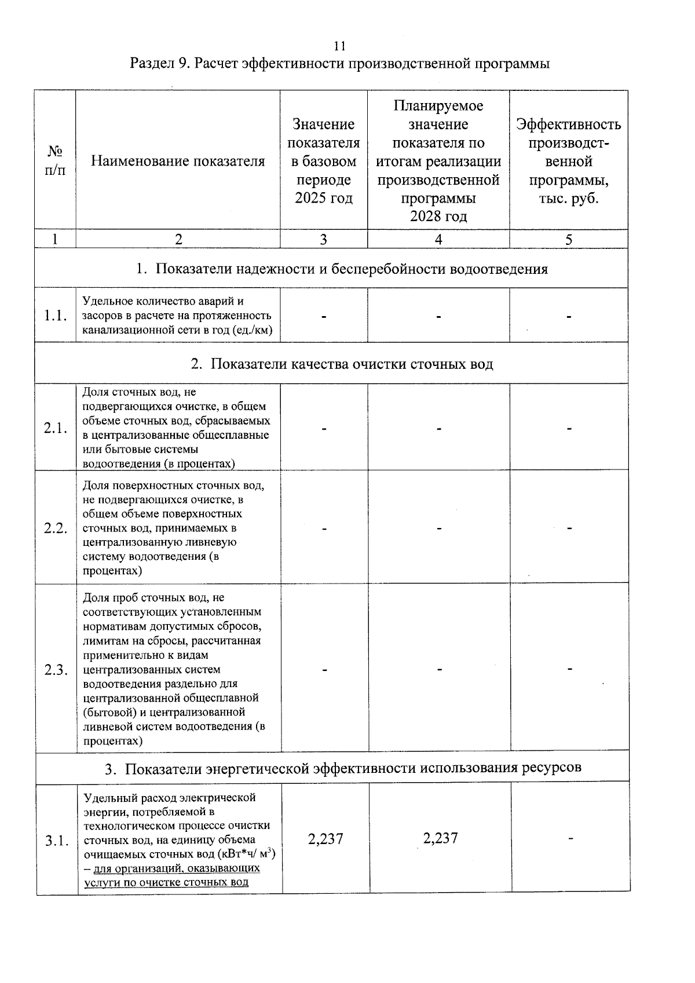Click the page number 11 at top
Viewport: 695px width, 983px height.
[340, 46]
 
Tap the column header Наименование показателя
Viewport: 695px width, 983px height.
[178, 161]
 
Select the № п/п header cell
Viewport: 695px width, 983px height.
[55, 160]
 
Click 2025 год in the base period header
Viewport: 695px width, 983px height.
[323, 198]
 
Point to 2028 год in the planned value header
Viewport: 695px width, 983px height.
[438, 217]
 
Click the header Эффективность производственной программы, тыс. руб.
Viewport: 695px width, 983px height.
[568, 161]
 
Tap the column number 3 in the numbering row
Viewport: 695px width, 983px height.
[323, 240]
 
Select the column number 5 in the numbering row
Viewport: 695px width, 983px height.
[568, 240]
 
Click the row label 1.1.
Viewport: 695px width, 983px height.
[55, 316]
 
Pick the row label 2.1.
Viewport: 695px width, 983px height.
[56, 428]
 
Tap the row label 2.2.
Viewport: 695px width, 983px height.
[56, 528]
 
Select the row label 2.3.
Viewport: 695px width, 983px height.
[56, 670]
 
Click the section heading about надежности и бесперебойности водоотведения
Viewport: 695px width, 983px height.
[342, 269]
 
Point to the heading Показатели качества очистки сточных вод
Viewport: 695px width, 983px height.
[342, 364]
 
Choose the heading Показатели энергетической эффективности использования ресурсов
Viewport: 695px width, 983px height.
[343, 768]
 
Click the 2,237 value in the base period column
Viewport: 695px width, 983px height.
[325, 839]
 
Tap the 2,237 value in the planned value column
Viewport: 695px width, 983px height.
[440, 838]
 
